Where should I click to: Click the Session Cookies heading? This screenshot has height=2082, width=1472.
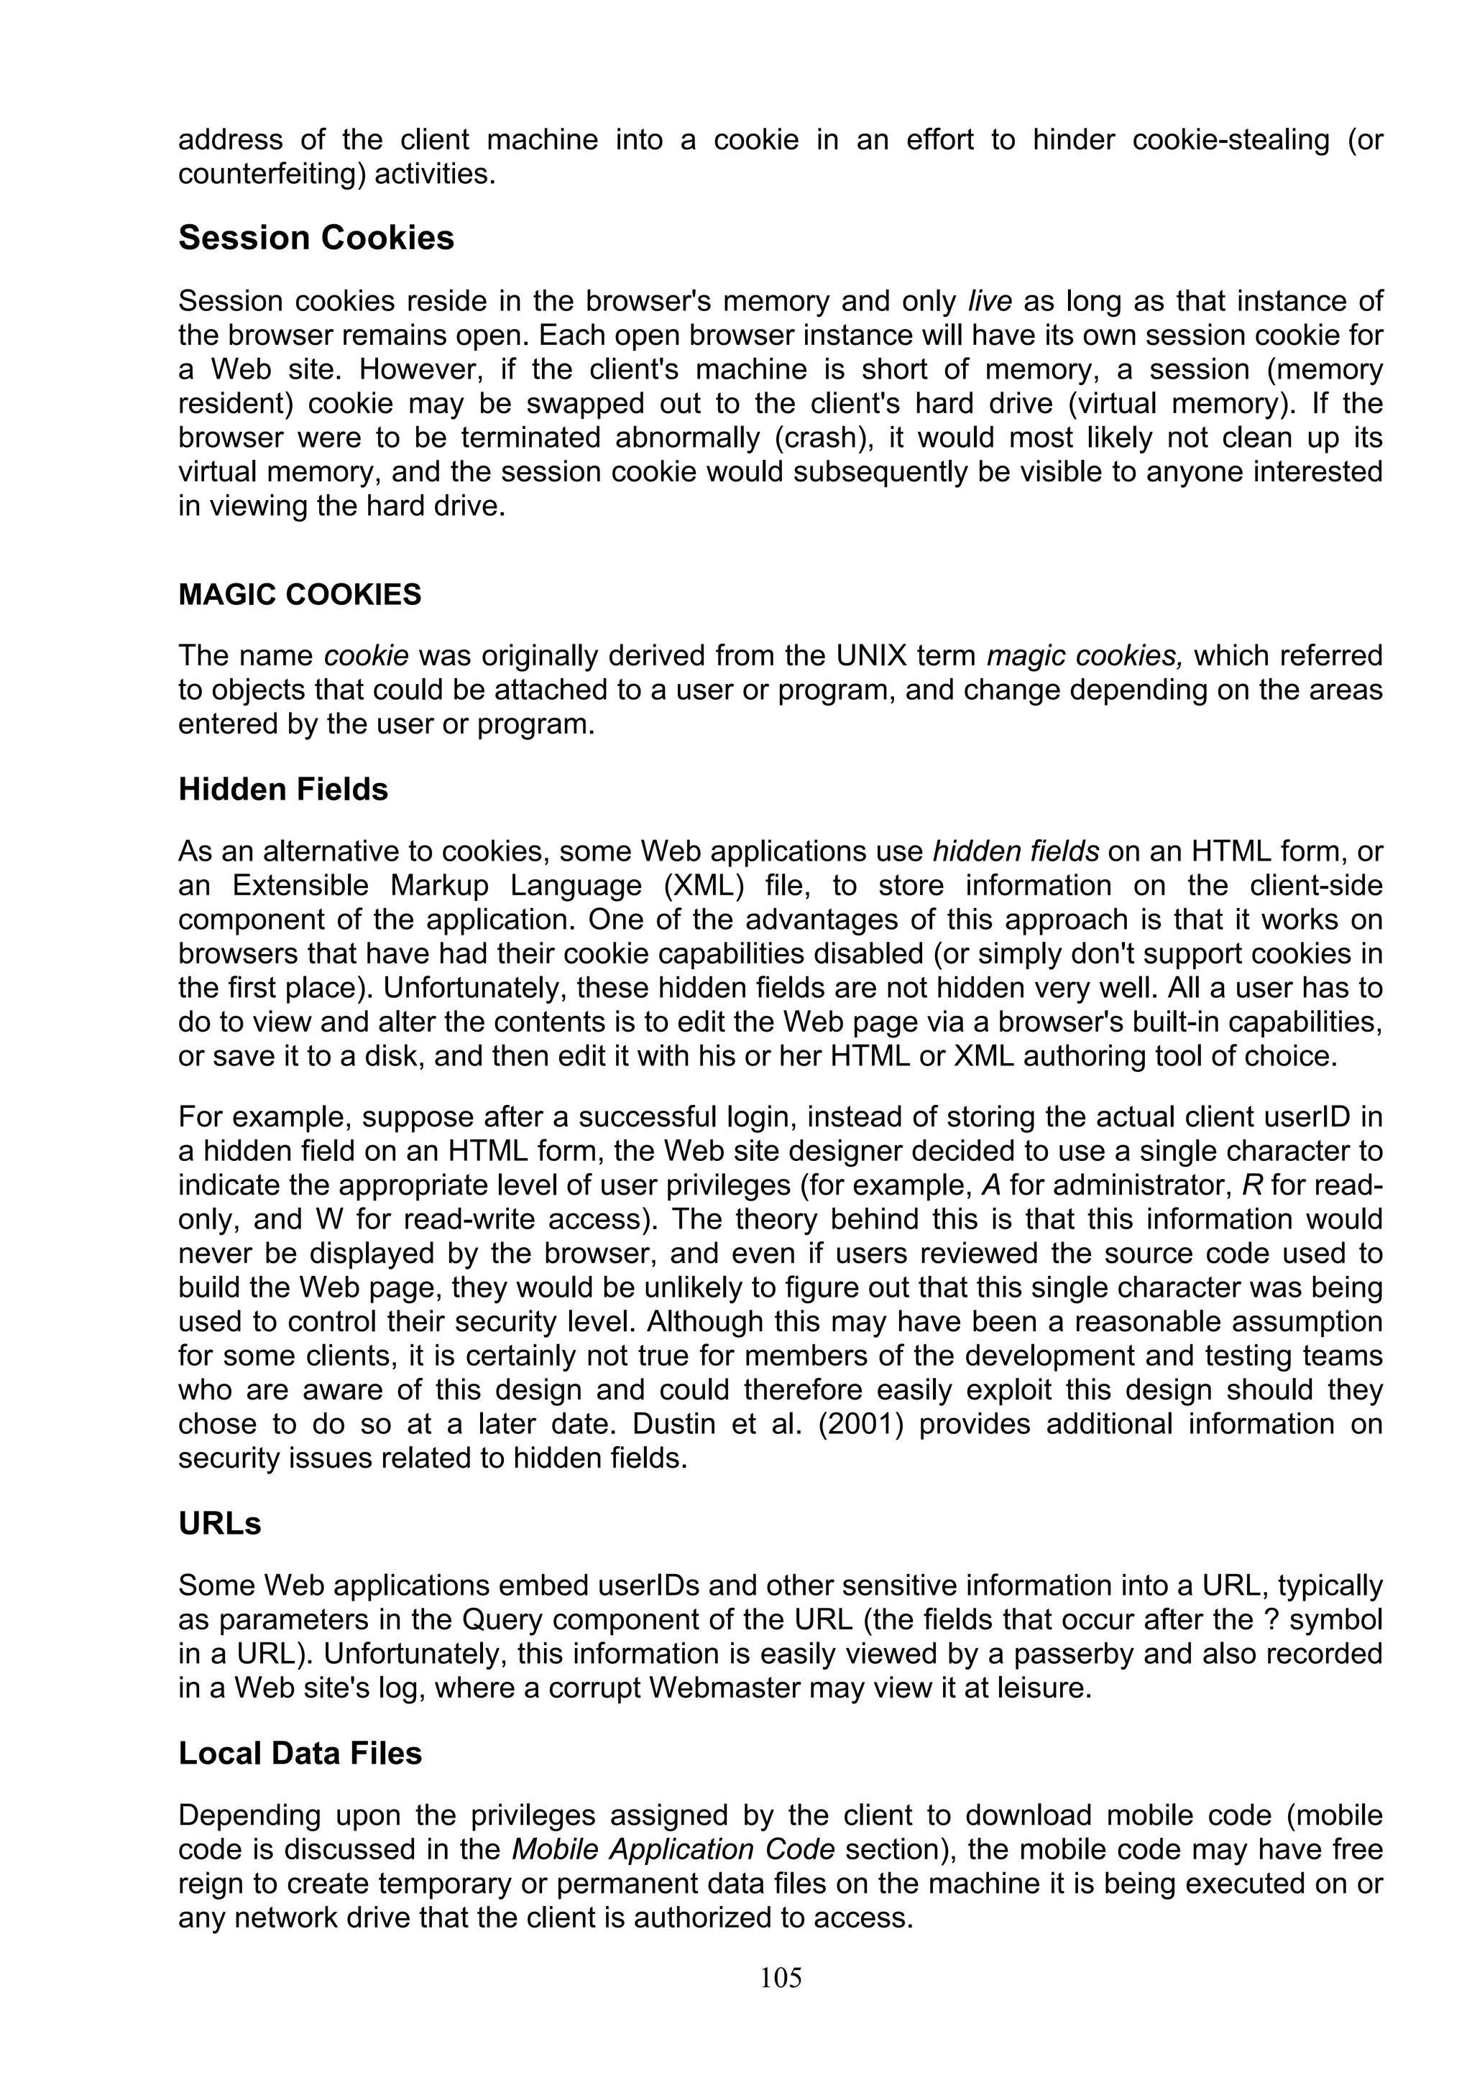[x=316, y=239]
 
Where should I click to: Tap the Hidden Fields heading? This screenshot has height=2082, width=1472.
[x=283, y=790]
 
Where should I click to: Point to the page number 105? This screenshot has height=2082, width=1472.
[x=781, y=1978]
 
